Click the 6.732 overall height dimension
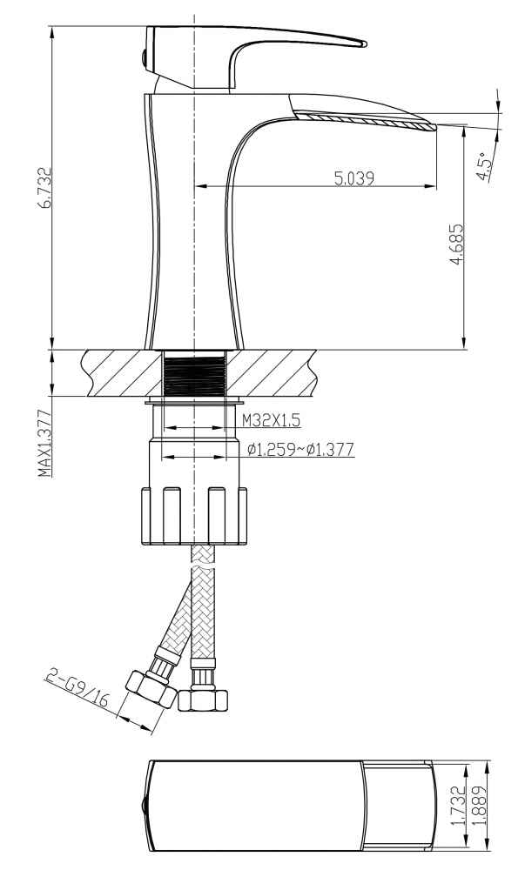(44, 188)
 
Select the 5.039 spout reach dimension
(354, 178)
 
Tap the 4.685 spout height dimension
(455, 244)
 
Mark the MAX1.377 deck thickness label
(45, 444)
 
